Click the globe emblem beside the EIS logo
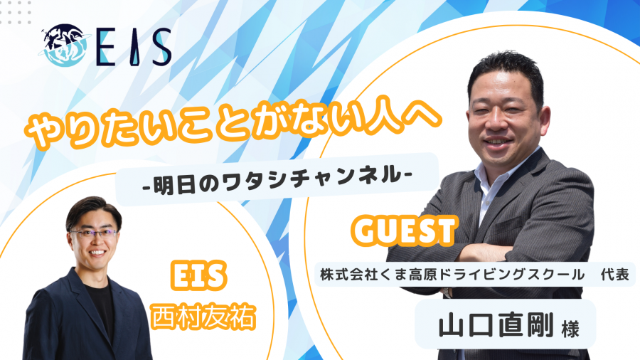(x=64, y=46)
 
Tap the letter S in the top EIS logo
(x=161, y=47)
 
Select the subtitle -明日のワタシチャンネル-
(x=277, y=179)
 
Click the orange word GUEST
(x=404, y=231)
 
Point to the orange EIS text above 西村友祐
(x=198, y=276)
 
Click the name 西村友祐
(x=203, y=317)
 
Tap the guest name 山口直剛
(x=496, y=325)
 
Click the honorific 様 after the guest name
(x=570, y=329)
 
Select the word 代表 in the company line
(x=614, y=275)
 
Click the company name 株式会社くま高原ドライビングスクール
(x=452, y=275)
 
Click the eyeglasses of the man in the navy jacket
(x=94, y=234)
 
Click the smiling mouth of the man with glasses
(x=97, y=253)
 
